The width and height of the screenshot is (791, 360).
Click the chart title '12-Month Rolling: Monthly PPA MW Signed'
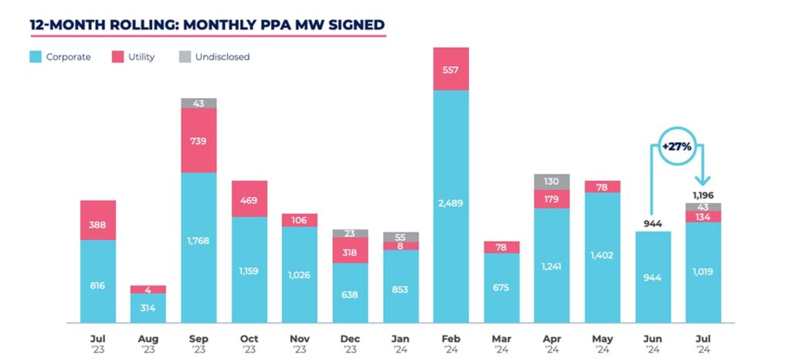[207, 24]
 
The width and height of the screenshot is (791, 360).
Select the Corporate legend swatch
[35, 56]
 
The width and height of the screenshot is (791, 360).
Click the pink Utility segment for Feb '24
[451, 69]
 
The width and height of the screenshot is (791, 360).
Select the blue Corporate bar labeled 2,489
[451, 205]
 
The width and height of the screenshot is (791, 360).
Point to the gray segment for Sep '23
[199, 103]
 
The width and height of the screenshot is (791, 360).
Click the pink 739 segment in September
[199, 140]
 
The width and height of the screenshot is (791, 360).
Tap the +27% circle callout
[676, 145]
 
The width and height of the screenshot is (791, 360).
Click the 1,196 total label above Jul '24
[703, 195]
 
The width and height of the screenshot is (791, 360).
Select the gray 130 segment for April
[552, 182]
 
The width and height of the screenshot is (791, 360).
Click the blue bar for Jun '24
[653, 277]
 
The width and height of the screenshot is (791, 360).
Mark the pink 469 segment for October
[250, 199]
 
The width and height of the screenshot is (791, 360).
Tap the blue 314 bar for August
[148, 307]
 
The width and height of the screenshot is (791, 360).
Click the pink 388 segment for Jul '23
[98, 220]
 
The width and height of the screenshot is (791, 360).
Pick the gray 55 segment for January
[401, 236]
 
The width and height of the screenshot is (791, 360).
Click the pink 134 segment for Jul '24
[703, 216]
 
